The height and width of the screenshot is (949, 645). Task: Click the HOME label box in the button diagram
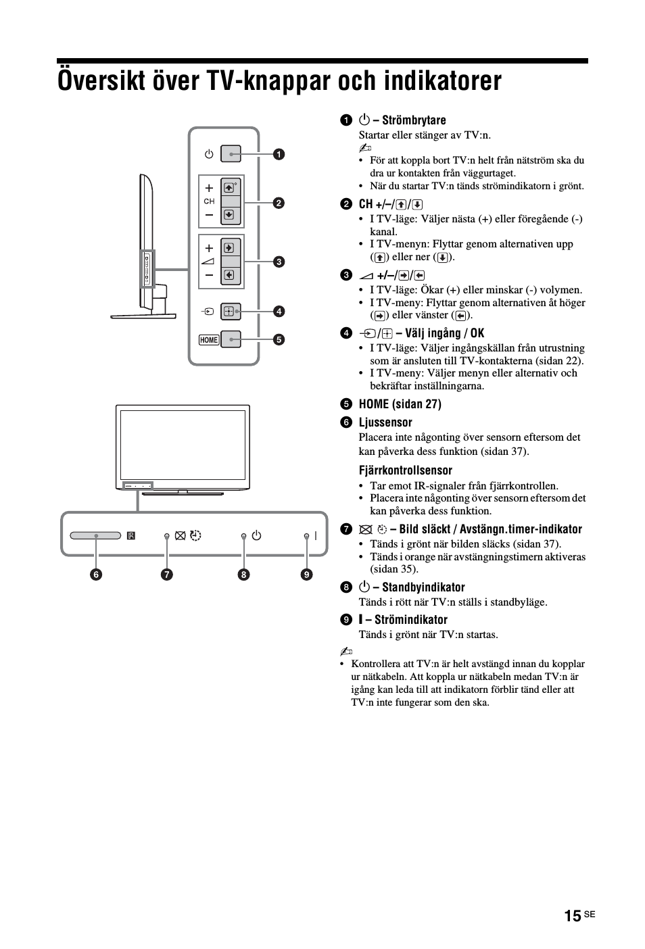[x=209, y=340]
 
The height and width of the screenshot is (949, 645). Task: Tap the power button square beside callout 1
[x=231, y=154]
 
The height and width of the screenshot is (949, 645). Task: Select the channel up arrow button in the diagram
[x=229, y=187]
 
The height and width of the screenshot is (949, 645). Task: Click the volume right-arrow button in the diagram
[x=229, y=248]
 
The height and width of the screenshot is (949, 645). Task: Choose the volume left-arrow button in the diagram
[x=229, y=275]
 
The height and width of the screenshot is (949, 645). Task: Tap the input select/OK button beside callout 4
[x=231, y=312]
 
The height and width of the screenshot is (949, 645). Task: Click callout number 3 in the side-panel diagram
[x=279, y=262]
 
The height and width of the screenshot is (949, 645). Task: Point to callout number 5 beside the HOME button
[x=279, y=339]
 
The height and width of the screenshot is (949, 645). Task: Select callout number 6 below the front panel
[x=96, y=575]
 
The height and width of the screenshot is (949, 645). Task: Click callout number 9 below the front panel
[x=306, y=575]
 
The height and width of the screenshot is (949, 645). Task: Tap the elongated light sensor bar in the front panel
[x=95, y=535]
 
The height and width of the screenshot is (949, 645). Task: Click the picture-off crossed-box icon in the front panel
[x=180, y=536]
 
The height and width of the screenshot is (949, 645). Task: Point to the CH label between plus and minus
[x=210, y=201]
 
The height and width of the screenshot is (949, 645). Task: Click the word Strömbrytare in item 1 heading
[x=414, y=120]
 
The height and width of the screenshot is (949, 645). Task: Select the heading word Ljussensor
[x=385, y=422]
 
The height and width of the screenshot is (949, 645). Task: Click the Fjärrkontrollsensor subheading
[x=406, y=470]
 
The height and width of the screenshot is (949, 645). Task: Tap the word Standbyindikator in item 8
[x=423, y=587]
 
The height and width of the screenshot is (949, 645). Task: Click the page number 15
[x=573, y=915]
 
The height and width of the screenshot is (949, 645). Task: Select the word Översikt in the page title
[x=101, y=80]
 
